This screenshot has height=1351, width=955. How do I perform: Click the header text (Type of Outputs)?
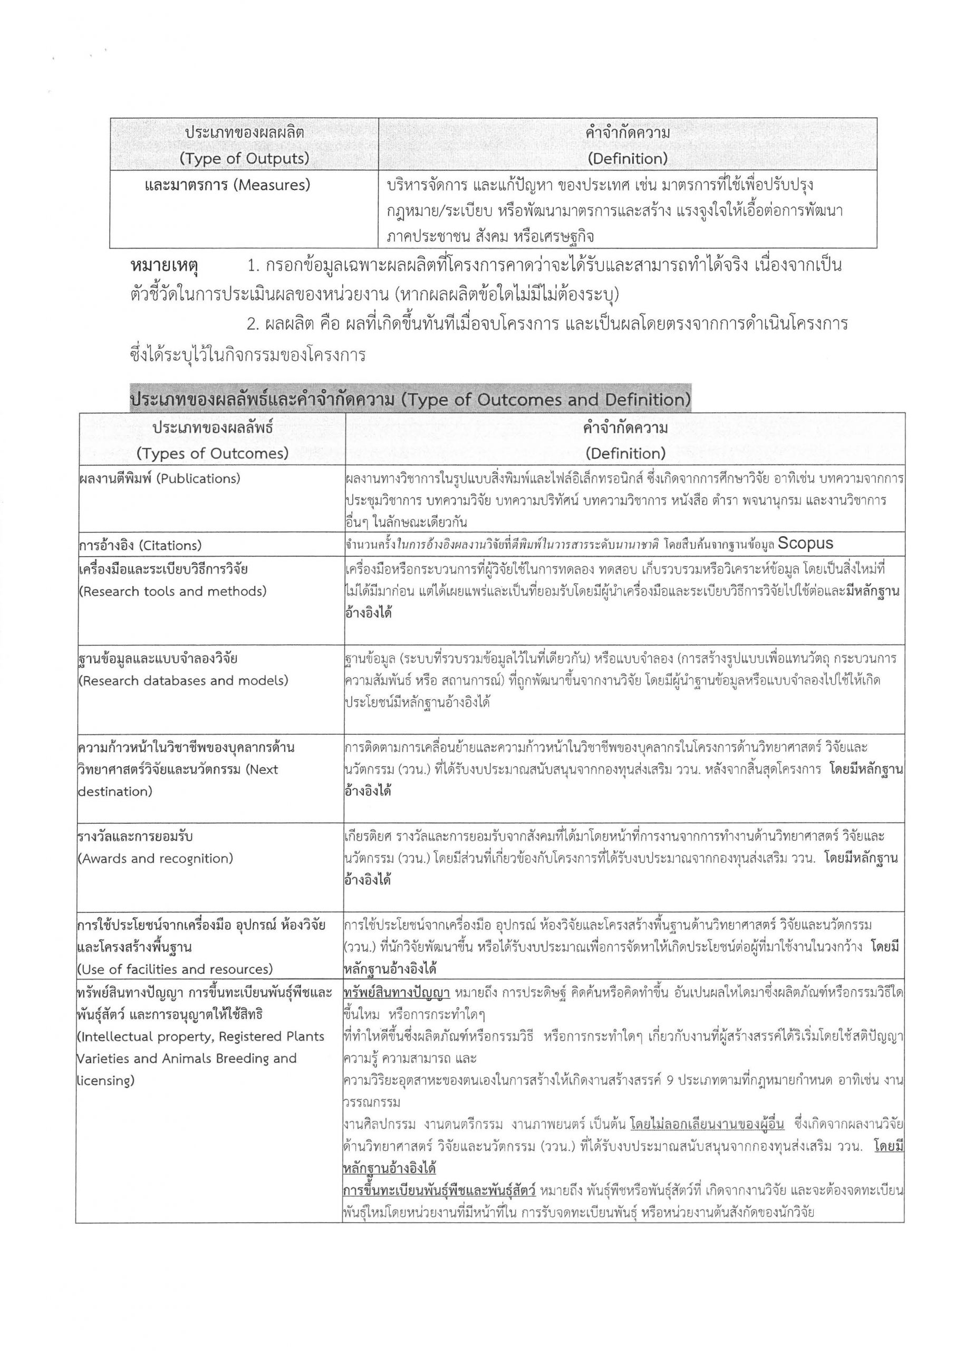coord(244,159)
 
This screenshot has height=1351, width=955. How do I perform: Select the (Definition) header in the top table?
coord(627,159)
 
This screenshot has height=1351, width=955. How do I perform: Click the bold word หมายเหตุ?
coord(164,267)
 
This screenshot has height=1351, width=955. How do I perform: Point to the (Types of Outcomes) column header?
coord(213,454)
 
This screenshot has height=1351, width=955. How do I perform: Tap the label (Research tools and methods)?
coord(172,592)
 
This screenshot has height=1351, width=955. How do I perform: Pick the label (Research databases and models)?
coord(183,681)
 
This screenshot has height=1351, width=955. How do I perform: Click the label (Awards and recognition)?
coord(155,859)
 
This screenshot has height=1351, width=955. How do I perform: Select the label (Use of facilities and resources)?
coord(175,969)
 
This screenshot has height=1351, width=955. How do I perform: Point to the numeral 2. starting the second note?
coord(254,324)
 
